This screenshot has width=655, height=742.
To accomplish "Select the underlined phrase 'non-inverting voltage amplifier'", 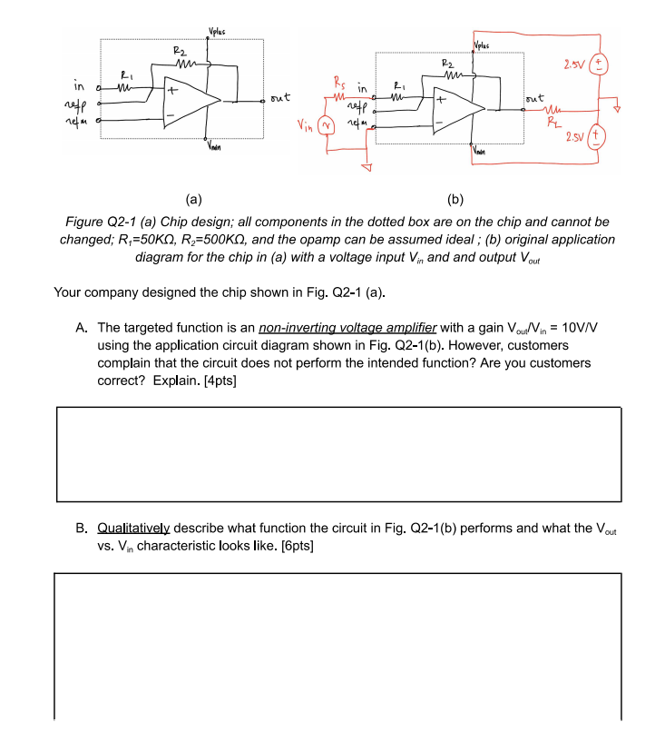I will (x=347, y=327).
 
